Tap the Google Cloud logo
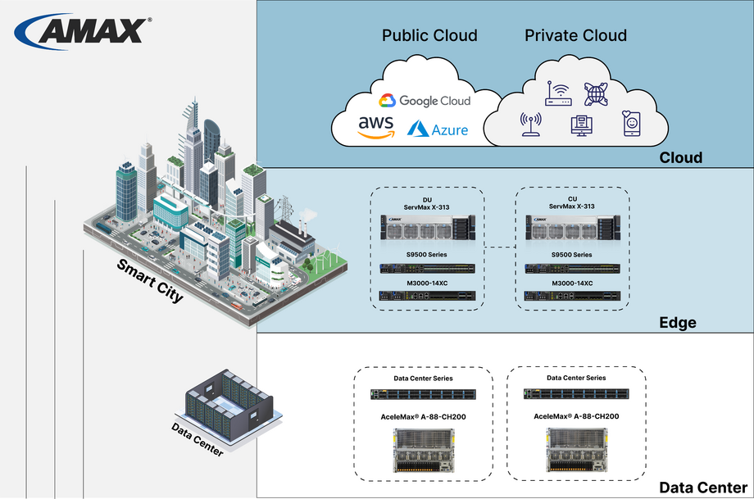coord(425,101)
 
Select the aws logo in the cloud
coord(376,126)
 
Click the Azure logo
coord(438,129)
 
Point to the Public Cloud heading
coord(429,35)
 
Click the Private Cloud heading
coord(575,35)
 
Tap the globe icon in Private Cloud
coord(597,93)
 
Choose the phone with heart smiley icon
coord(631,125)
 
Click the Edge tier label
coord(678,322)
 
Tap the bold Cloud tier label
coord(681,157)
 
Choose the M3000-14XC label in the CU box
coord(571,283)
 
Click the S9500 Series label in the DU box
coord(426,255)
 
